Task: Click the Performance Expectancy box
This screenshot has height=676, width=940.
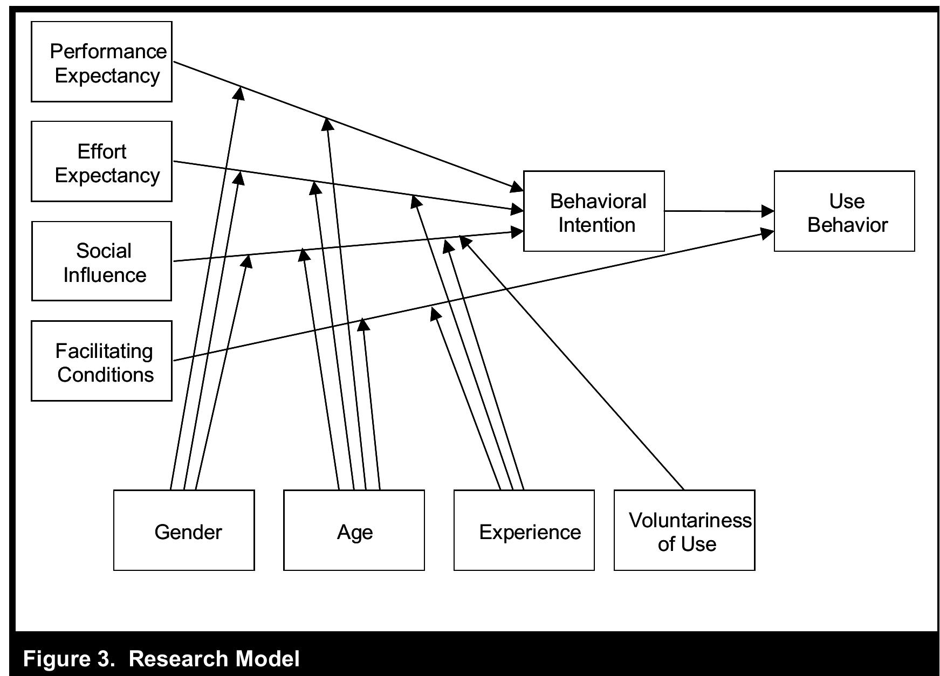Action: click(x=101, y=61)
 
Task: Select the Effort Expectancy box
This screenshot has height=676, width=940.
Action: click(x=101, y=161)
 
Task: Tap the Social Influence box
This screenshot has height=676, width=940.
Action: click(x=101, y=261)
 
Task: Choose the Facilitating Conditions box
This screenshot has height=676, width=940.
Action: click(x=101, y=361)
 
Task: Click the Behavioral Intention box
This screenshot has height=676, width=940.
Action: click(x=593, y=211)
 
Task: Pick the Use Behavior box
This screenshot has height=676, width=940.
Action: click(x=844, y=211)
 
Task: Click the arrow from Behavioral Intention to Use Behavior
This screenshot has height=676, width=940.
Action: click(x=717, y=211)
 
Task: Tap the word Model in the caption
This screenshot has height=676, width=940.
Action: click(x=267, y=659)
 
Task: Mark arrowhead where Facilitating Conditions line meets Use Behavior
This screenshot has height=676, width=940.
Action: click(x=767, y=233)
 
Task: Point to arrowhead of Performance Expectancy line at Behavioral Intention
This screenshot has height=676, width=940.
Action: click(x=517, y=187)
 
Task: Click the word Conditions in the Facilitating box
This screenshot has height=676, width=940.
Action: click(x=106, y=375)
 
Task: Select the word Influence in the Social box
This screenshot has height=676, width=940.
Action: click(x=105, y=275)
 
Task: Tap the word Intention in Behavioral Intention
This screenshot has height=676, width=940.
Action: click(x=596, y=225)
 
